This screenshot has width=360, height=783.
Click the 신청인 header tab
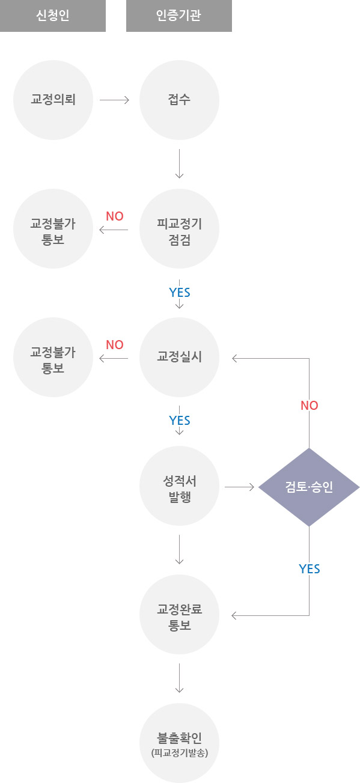(53, 16)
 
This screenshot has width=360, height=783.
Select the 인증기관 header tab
(178, 16)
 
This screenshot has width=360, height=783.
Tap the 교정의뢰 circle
(53, 100)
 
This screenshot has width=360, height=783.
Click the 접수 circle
(179, 100)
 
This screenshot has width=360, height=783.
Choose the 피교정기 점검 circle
(179, 229)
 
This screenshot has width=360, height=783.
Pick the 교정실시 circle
(179, 357)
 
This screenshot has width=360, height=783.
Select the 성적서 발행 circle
(179, 487)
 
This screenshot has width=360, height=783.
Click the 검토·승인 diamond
(309, 487)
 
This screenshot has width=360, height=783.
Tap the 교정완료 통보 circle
(179, 615)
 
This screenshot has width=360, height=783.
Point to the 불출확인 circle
(179, 743)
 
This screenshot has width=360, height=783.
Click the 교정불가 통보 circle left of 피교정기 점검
(53, 229)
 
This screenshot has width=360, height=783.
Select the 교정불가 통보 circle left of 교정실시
(53, 357)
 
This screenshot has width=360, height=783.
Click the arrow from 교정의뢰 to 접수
(115, 100)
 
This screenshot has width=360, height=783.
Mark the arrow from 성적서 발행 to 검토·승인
(239, 487)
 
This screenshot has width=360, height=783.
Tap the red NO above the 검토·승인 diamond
(309, 406)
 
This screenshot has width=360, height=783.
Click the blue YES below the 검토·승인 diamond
(309, 568)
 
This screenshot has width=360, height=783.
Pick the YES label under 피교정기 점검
(179, 293)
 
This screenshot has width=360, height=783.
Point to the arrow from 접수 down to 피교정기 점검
(179, 163)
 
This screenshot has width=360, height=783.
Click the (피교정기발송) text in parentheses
(179, 752)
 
